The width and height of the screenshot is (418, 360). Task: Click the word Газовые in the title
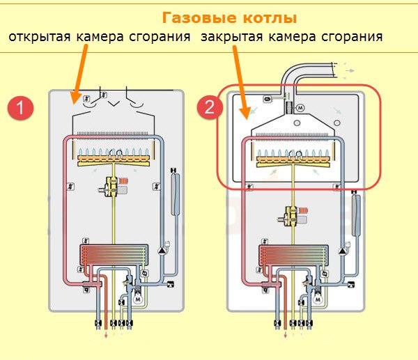pos(192,17)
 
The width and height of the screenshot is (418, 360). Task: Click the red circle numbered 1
pos(22,109)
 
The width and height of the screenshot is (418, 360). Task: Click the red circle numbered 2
pos(209,109)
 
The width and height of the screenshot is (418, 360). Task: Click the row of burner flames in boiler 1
pos(115,152)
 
